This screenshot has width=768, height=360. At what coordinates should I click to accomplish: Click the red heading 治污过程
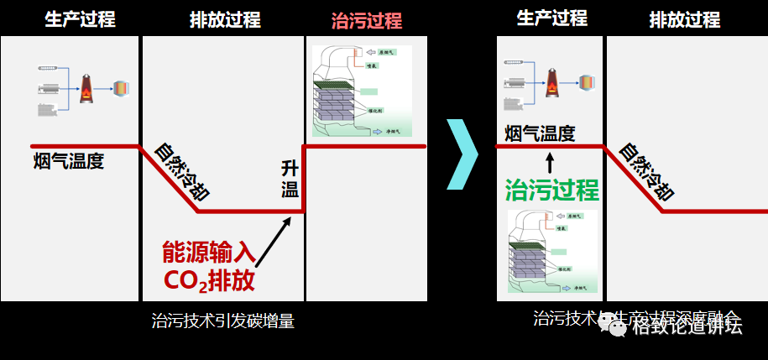point(367,20)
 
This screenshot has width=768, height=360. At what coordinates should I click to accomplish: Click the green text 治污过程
point(552,189)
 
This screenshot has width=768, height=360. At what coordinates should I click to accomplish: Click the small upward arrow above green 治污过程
point(551,161)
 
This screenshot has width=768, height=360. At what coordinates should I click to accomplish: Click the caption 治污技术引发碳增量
point(222,320)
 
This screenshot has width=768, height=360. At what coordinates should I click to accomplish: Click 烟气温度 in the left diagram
point(69,161)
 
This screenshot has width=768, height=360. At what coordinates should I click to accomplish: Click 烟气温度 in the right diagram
point(540,133)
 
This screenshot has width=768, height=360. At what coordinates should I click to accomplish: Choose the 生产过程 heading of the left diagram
point(80,19)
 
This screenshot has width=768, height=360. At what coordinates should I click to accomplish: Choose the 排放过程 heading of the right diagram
point(684,19)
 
